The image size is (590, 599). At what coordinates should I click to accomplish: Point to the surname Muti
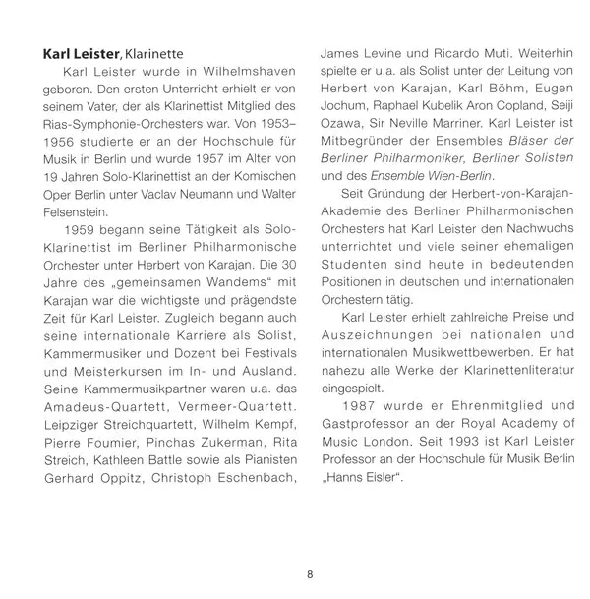pyautogui.click(x=508, y=53)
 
